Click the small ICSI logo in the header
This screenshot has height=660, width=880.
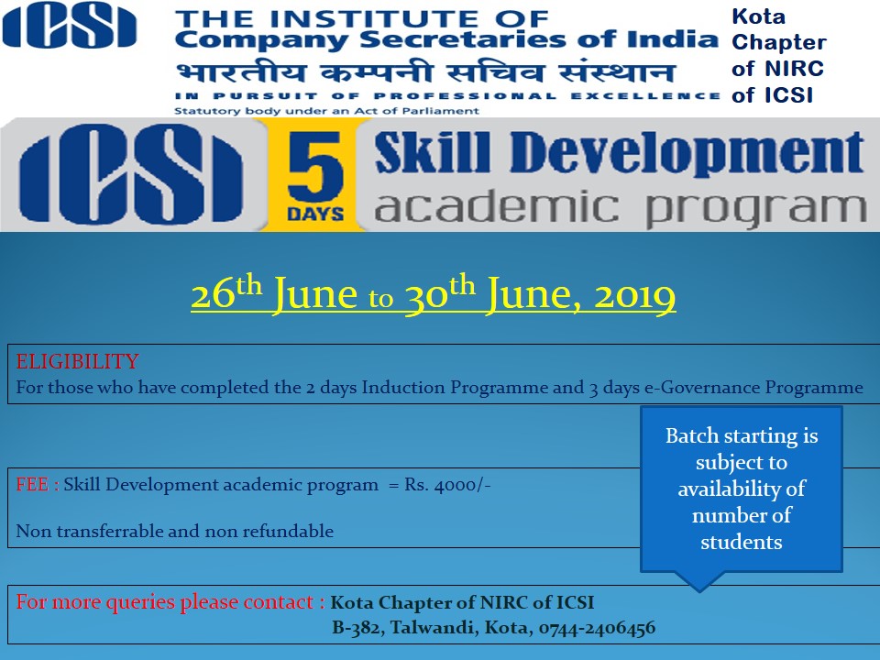(x=70, y=26)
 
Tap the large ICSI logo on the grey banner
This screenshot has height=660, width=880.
(x=131, y=174)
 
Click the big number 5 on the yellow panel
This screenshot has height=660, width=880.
(x=314, y=167)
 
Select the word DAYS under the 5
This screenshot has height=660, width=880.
(x=315, y=214)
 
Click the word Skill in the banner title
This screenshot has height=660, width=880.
(x=432, y=152)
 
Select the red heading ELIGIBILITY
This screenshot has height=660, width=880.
(x=77, y=361)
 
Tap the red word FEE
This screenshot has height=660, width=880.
(x=32, y=484)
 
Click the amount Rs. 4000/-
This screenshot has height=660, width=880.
(x=448, y=484)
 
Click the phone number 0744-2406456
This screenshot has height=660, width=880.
(x=597, y=627)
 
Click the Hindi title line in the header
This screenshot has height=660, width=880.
(x=424, y=73)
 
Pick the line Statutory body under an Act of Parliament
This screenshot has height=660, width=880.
(x=326, y=111)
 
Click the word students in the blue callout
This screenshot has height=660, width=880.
(x=742, y=542)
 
